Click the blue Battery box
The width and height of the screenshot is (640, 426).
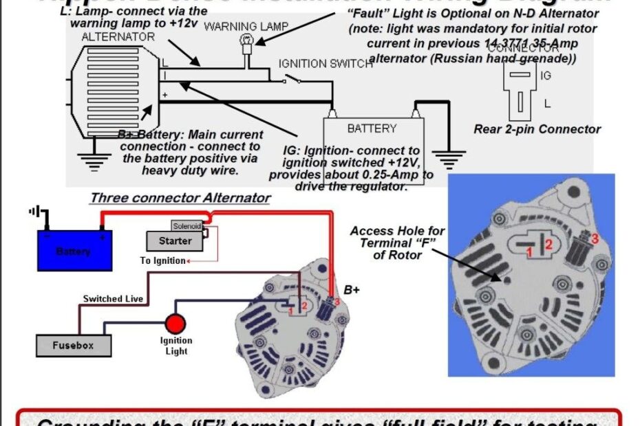[74, 251]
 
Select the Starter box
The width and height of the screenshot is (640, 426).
[175, 241]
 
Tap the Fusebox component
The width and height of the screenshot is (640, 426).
[73, 345]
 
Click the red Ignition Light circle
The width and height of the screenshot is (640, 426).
[175, 324]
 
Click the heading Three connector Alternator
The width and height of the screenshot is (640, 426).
[180, 199]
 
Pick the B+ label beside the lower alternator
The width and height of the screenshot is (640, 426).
[352, 290]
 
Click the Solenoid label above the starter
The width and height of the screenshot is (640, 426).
[186, 226]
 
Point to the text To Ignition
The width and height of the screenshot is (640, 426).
[163, 261]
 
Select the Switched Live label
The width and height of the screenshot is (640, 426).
[114, 299]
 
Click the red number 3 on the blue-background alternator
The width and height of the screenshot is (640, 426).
[596, 238]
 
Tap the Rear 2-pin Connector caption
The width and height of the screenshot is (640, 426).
[537, 129]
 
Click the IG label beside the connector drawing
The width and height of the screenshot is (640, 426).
[546, 76]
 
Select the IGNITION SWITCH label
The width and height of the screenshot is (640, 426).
[326, 64]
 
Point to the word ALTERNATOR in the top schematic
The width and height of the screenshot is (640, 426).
[118, 36]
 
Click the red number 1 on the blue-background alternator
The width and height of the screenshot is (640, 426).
[530, 254]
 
